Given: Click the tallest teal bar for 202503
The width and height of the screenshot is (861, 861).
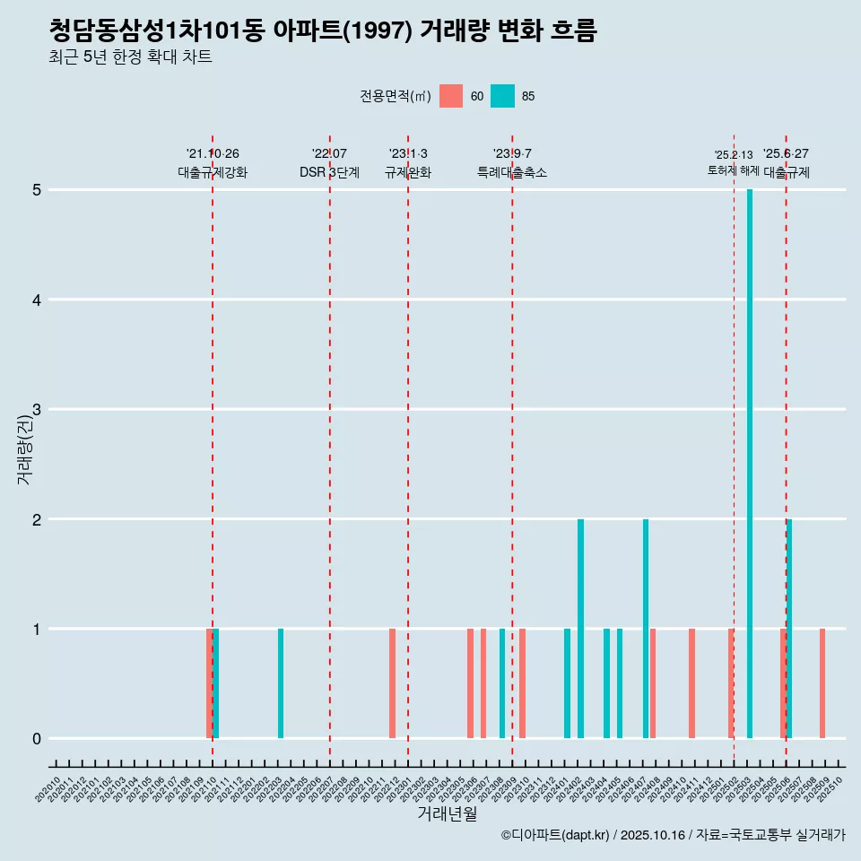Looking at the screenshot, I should tap(750, 464).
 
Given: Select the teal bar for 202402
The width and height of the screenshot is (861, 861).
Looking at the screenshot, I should tap(580, 628).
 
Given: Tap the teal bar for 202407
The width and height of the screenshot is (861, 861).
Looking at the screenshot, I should tap(646, 628).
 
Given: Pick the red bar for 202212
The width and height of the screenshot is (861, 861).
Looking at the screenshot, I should tap(392, 683).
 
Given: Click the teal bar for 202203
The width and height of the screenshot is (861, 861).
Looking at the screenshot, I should tap(281, 683).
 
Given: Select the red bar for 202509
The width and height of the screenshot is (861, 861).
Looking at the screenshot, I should tap(822, 683).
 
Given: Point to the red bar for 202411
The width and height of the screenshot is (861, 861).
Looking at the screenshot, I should tap(691, 683).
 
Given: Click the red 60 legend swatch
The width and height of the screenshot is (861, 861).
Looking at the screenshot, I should tap(451, 96).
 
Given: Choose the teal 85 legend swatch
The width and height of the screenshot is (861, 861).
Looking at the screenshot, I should tap(502, 96).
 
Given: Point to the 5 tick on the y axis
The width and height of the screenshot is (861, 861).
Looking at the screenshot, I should tap(37, 190).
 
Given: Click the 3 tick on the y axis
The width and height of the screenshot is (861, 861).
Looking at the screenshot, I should tap(37, 410).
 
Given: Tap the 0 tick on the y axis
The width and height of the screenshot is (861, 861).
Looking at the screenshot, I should tap(37, 739).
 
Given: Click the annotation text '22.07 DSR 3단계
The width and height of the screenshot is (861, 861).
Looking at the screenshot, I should tap(329, 163).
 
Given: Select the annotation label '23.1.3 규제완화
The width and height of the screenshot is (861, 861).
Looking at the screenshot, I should tap(408, 163).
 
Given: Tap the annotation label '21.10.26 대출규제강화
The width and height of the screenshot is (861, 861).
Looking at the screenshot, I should tap(213, 163).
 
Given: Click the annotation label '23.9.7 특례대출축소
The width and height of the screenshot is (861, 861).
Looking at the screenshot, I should tap(512, 163).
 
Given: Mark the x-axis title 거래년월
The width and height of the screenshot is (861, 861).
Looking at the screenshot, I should tap(447, 813).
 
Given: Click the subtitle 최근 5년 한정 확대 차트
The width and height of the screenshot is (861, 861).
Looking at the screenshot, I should tap(130, 57).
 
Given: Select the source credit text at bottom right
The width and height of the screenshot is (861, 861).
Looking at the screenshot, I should tap(673, 835).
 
